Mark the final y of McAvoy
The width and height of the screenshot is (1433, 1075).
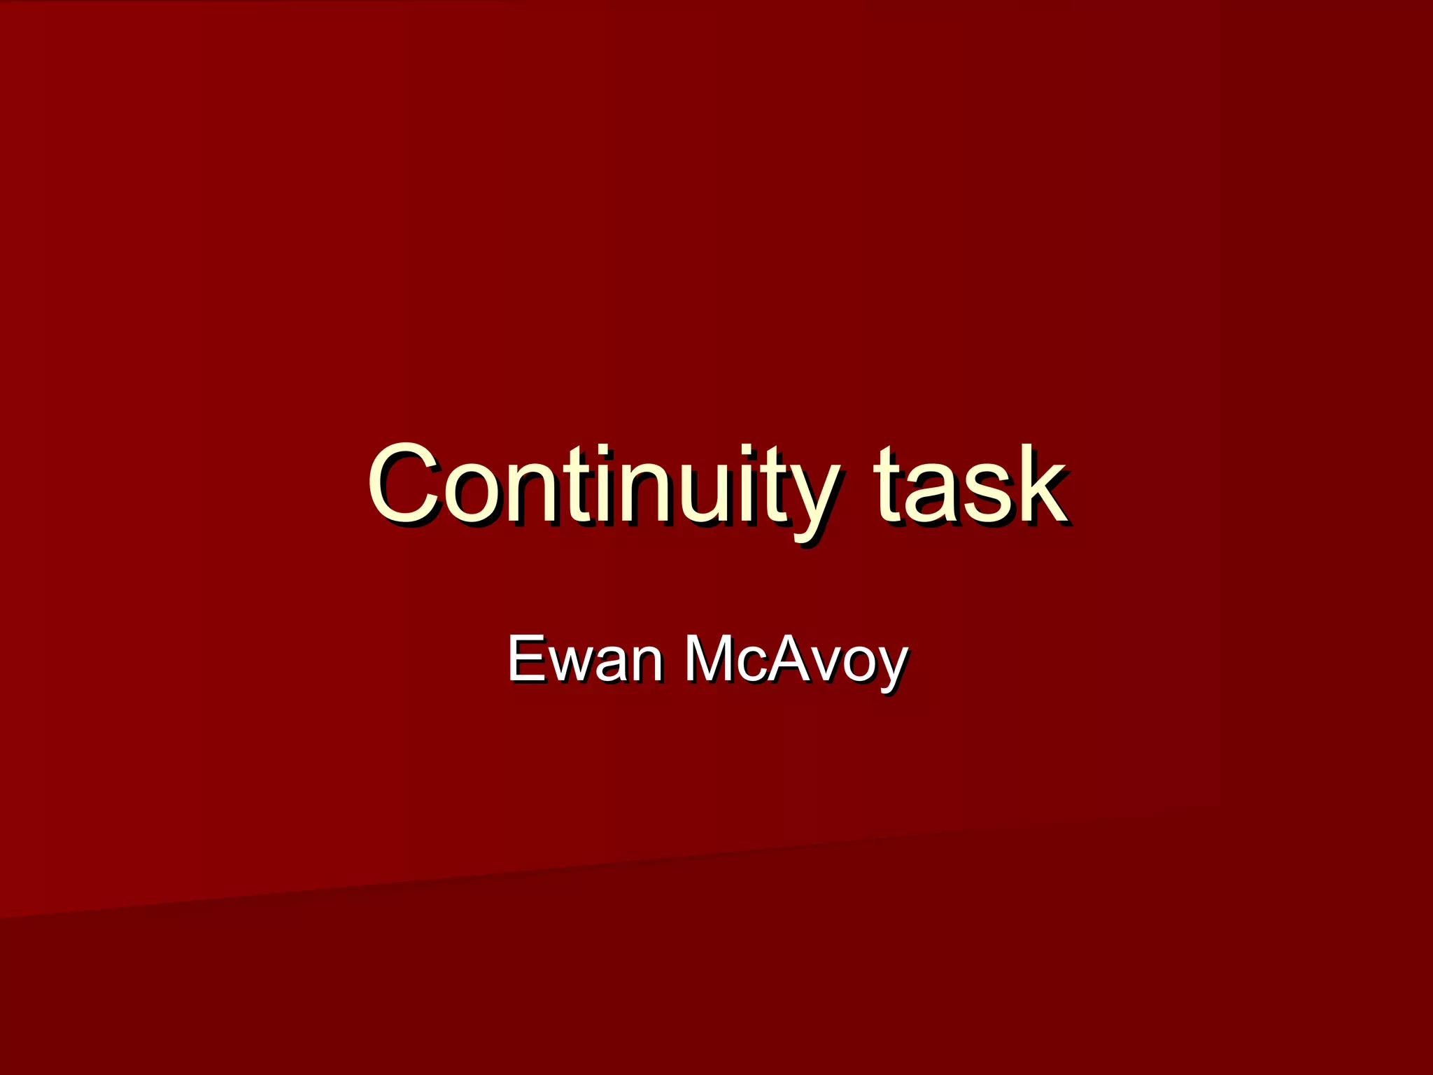coord(891,668)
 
